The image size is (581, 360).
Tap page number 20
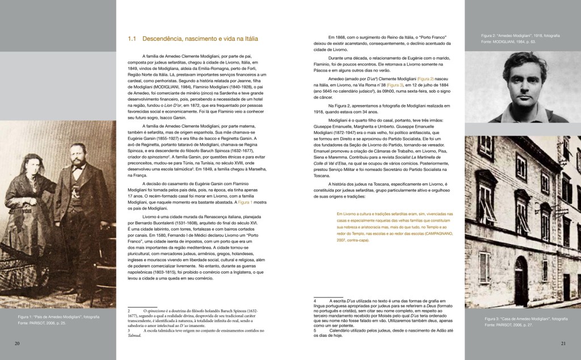click(x=17, y=343)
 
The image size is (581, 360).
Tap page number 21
click(x=563, y=343)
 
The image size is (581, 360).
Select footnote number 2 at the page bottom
click(x=129, y=312)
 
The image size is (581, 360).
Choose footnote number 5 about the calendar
click(x=315, y=330)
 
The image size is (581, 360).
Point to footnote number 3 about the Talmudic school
click(x=129, y=330)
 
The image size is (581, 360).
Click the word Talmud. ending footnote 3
click(x=134, y=336)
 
